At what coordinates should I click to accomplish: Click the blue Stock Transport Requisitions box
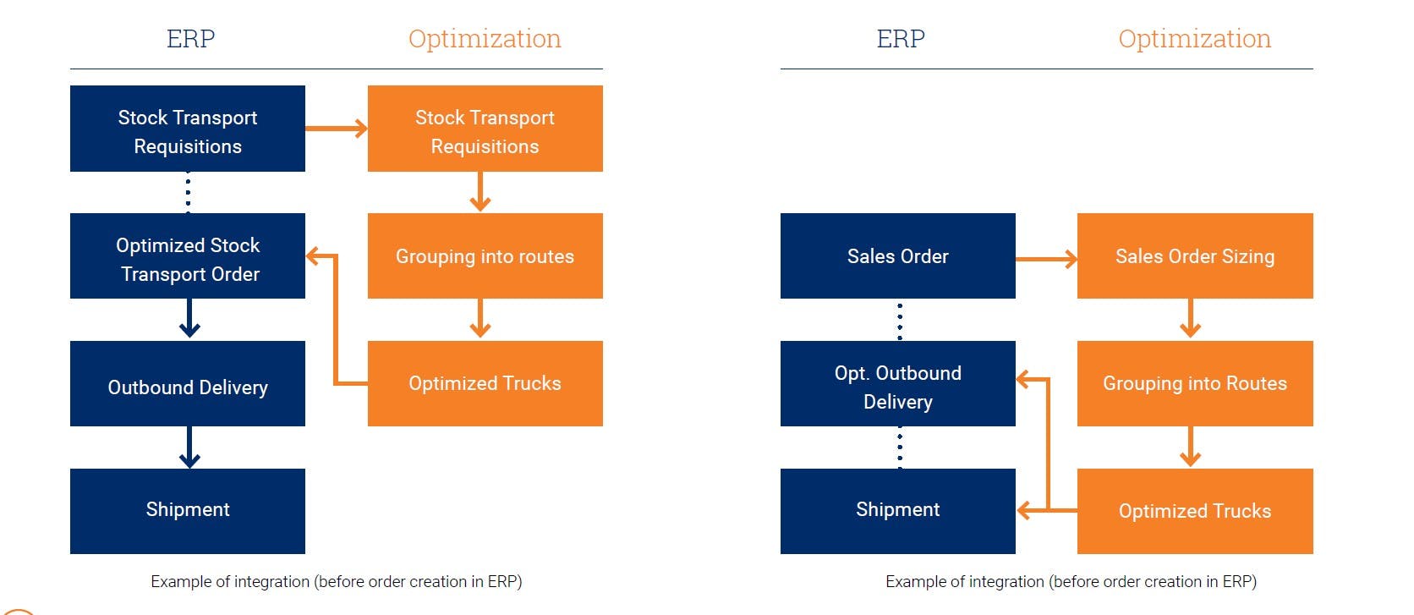(x=187, y=129)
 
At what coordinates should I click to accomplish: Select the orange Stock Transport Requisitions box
(x=485, y=129)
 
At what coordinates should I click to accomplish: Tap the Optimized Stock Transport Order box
(x=187, y=256)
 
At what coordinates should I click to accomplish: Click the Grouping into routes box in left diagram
(x=485, y=256)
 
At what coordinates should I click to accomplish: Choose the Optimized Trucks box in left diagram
(x=485, y=384)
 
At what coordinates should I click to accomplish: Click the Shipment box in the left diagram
(x=187, y=511)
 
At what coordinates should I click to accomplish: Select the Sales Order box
(x=897, y=256)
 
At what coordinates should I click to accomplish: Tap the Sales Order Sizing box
(x=1194, y=256)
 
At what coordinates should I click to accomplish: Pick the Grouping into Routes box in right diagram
(x=1194, y=384)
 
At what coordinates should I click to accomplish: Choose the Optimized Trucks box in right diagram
(x=1194, y=511)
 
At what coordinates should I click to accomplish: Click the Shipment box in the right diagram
(x=897, y=511)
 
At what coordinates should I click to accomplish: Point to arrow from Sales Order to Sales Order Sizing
(x=1046, y=259)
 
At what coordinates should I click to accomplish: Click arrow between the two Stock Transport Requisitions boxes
(x=336, y=129)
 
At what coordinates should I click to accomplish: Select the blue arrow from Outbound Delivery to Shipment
(x=189, y=447)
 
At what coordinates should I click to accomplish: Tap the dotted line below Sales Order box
(x=900, y=321)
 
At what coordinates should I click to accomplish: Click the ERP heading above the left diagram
(x=190, y=39)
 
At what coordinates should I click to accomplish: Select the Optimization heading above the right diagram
(x=1194, y=39)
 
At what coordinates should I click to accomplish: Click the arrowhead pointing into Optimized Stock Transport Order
(x=313, y=255)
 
